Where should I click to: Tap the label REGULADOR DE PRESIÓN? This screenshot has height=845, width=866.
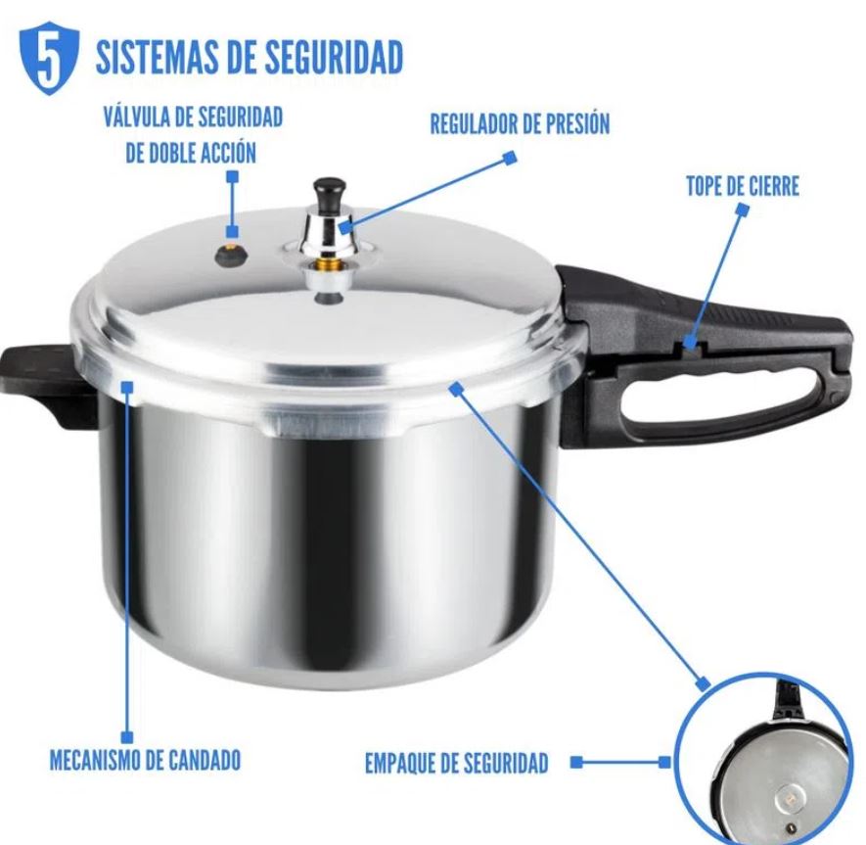(x=520, y=124)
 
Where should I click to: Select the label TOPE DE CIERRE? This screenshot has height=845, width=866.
(x=742, y=187)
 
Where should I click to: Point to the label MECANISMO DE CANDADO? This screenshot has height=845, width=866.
(x=145, y=759)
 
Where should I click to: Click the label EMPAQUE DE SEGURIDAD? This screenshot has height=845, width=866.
(x=456, y=764)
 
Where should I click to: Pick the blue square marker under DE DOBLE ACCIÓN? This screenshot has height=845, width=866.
(x=232, y=176)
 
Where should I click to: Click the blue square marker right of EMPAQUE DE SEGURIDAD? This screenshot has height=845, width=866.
(x=576, y=761)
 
